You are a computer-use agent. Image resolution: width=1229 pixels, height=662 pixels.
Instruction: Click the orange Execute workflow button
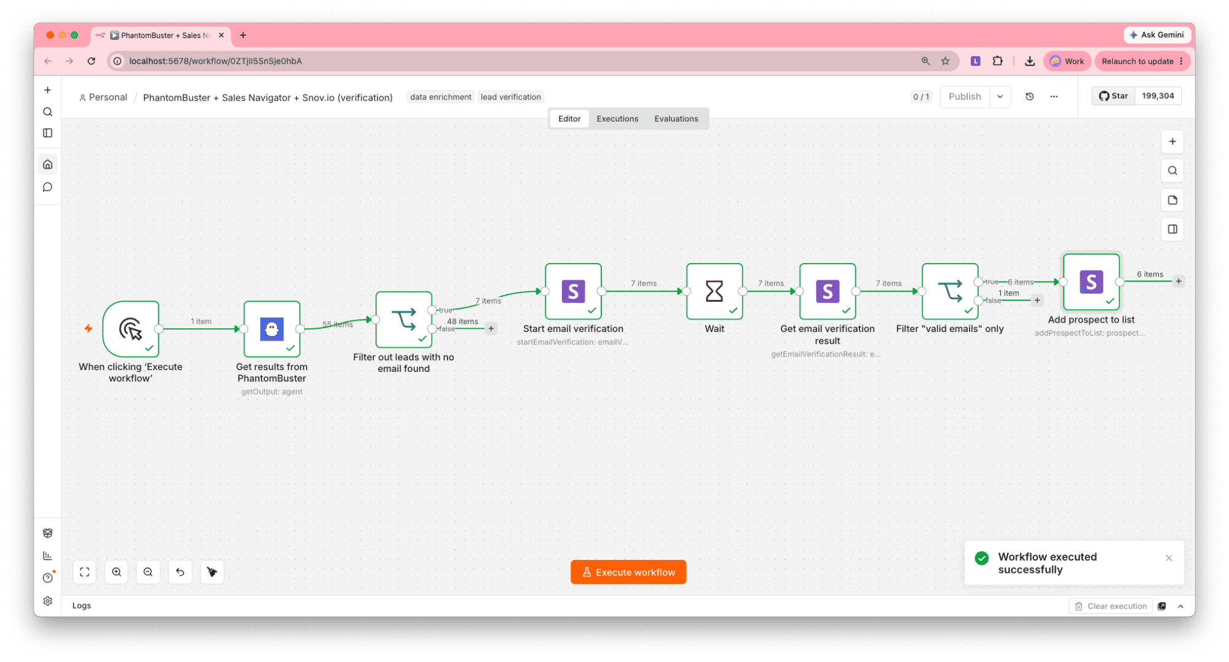[628, 572]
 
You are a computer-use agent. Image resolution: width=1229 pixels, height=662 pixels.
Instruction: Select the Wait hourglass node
[714, 291]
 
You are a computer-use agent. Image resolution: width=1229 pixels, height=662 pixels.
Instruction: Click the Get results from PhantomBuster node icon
[272, 329]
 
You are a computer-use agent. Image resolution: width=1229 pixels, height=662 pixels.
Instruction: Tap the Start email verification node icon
[573, 291]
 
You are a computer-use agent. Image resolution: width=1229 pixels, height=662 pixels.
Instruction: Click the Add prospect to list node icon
[1091, 282]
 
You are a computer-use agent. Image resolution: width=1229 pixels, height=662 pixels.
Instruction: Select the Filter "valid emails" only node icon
[950, 291]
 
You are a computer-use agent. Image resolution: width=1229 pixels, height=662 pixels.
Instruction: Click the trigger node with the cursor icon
[131, 329]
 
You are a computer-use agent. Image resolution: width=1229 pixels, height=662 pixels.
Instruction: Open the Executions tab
[617, 119]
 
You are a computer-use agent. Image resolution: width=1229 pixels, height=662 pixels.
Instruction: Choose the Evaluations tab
[676, 119]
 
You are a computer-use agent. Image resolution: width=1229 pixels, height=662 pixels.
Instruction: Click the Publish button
[965, 97]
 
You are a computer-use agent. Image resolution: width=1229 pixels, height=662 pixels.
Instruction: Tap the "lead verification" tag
[510, 97]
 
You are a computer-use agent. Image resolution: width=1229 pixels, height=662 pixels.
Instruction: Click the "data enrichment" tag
[440, 97]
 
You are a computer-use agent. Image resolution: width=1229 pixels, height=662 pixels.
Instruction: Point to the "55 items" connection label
[338, 324]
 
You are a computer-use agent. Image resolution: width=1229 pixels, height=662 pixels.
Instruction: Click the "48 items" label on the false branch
[462, 321]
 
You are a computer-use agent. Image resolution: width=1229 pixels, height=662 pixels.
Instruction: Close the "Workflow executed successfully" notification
[1169, 558]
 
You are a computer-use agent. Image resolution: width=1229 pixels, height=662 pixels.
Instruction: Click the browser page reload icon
[91, 61]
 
